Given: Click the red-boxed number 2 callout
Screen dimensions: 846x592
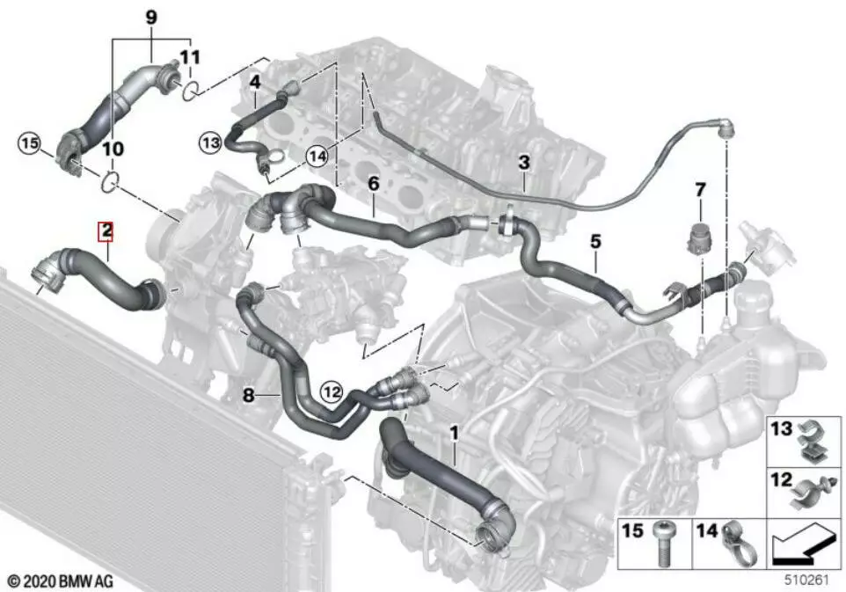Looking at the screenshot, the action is pyautogui.click(x=106, y=231).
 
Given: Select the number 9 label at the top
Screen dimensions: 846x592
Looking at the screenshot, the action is pyautogui.click(x=151, y=17).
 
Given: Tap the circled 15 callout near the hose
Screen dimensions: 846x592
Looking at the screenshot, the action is pyautogui.click(x=30, y=143).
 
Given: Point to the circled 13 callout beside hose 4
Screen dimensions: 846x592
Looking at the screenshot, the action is pyautogui.click(x=210, y=143).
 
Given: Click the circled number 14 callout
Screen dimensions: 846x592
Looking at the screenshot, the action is pyautogui.click(x=317, y=157).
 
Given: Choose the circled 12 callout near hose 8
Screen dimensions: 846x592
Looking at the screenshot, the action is pyautogui.click(x=332, y=391).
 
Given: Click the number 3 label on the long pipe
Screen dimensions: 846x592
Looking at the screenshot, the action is pyautogui.click(x=523, y=163).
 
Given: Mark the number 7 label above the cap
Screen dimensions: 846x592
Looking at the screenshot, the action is pyautogui.click(x=700, y=190).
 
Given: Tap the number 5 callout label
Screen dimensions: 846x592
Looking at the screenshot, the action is pyautogui.click(x=595, y=241).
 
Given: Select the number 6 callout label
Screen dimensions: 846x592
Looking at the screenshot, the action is pyautogui.click(x=374, y=184).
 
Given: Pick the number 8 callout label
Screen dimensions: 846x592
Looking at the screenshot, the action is pyautogui.click(x=248, y=396).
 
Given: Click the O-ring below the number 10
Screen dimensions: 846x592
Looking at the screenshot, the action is pyautogui.click(x=110, y=181).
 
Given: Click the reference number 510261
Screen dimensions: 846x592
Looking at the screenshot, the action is pyautogui.click(x=806, y=581).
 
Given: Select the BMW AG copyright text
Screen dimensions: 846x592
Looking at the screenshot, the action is pyautogui.click(x=61, y=581).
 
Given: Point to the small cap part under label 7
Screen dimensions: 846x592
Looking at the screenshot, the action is pyautogui.click(x=699, y=238).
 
